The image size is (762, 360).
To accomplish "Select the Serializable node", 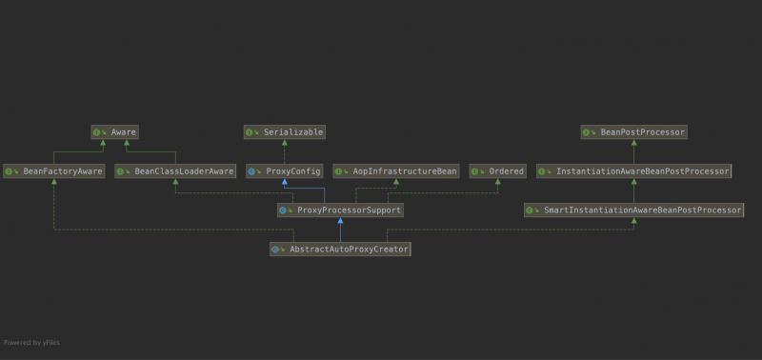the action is [x=285, y=132].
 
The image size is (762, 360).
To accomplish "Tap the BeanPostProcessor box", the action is [x=633, y=132].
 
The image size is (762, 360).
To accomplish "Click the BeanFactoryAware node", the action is [x=53, y=171].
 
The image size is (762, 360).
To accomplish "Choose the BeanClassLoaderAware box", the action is [x=175, y=171].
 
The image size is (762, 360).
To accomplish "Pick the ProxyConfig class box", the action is [x=285, y=171].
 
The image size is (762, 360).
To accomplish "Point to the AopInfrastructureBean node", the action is [x=394, y=171].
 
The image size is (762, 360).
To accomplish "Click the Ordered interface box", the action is [x=497, y=171].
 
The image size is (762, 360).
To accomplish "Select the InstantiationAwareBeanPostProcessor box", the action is [x=633, y=171].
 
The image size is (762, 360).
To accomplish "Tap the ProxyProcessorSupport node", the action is [x=340, y=210].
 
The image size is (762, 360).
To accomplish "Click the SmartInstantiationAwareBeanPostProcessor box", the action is [x=633, y=210].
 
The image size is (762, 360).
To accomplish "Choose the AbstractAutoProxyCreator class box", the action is [x=340, y=249].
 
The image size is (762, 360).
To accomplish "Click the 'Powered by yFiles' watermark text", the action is [x=31, y=342].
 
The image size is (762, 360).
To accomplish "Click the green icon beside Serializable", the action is [x=251, y=132].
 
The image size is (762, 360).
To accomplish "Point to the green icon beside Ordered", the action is [x=476, y=171].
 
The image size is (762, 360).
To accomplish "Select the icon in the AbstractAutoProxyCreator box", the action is [x=276, y=249].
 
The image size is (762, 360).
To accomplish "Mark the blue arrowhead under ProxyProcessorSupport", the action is [x=340, y=220].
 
